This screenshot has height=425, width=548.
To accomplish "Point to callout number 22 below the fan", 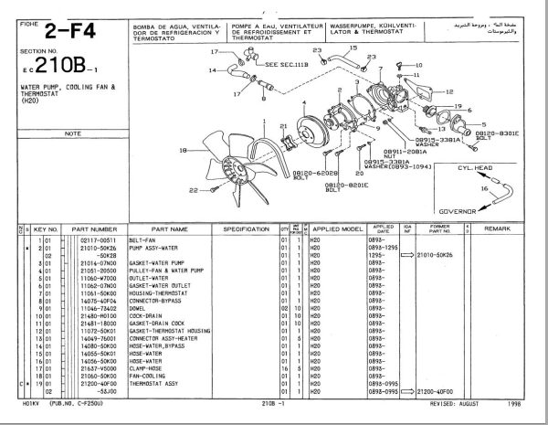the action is pyautogui.click(x=194, y=190).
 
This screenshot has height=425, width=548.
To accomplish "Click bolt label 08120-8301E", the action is pyautogui.click(x=497, y=134).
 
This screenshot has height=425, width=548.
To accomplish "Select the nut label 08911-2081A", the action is pyautogui.click(x=406, y=149).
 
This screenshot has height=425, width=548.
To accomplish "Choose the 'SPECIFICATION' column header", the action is pyautogui.click(x=245, y=228).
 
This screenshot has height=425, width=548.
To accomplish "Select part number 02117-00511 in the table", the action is pyautogui.click(x=90, y=239).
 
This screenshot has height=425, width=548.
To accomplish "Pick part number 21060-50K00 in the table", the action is pyautogui.click(x=90, y=375).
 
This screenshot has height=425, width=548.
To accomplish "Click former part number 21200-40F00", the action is pyautogui.click(x=437, y=390).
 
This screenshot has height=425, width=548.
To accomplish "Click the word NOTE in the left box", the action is pyautogui.click(x=71, y=133).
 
